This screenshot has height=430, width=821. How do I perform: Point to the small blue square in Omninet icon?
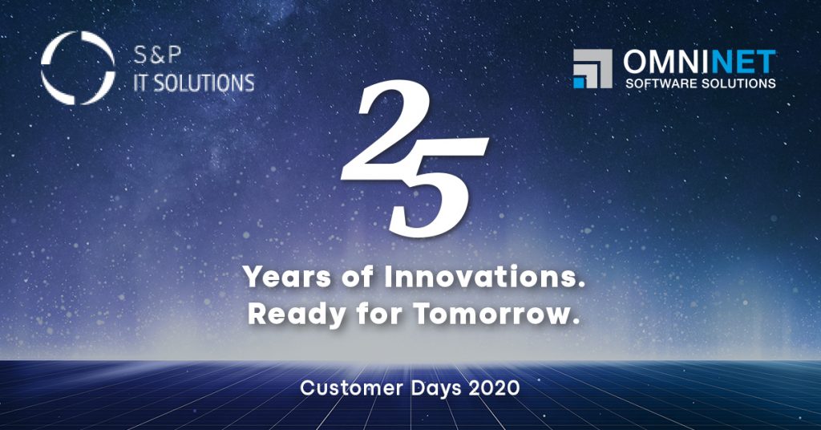[579, 83]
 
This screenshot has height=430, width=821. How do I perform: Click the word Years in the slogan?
[288, 277]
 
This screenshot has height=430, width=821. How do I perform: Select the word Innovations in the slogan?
[484, 276]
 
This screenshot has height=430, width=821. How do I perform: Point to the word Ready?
[297, 314]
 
